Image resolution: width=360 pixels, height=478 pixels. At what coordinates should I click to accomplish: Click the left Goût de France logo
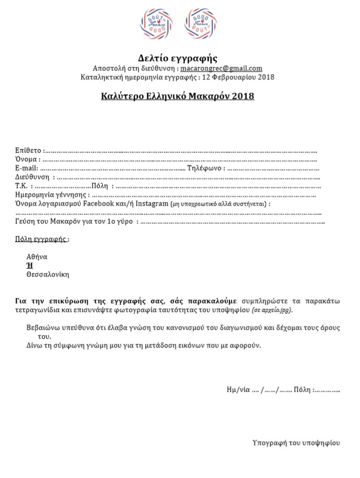pos(156,24)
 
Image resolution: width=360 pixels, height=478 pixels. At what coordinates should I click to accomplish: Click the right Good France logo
pos(200,24)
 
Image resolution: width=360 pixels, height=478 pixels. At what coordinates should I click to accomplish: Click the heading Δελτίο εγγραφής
pos(177,58)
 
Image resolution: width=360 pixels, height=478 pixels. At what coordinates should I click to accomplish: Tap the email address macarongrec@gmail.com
pos(221,68)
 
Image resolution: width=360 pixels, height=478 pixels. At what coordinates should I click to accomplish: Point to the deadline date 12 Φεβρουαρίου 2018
pos(238,77)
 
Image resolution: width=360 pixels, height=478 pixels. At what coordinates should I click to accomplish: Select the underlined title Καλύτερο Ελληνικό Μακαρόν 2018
pos(177,96)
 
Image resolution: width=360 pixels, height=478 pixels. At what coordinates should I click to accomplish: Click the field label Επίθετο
pos(28,150)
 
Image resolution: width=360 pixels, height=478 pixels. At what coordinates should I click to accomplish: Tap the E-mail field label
pos(26,168)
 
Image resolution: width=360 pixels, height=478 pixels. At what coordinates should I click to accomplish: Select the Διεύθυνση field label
pos(32,177)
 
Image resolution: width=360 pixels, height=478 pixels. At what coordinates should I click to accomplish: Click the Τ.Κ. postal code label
pos(21,186)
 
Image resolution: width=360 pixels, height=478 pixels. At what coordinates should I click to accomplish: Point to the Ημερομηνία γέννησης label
pos(50,195)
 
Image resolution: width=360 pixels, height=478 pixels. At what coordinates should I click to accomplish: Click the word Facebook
pos(98,204)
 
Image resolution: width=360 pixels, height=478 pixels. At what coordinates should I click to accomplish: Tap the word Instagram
pos(152,204)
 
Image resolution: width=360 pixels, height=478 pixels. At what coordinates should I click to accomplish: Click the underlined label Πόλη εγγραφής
pos(41,239)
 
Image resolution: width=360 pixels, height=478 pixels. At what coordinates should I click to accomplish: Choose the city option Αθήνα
pos(37,257)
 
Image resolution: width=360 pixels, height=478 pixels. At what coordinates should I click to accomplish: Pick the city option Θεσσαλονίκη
pos(47,274)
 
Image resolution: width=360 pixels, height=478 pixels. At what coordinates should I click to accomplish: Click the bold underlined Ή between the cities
pos(29,266)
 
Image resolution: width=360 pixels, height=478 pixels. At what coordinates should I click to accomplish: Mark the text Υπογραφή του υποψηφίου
pos(296,443)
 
